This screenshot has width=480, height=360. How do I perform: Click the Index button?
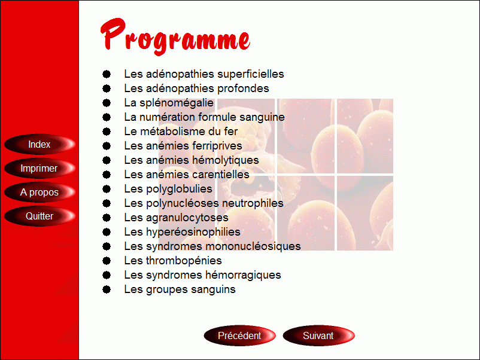point(40,144)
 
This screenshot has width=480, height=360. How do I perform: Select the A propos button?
point(40,192)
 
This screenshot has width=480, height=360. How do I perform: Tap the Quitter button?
point(40,216)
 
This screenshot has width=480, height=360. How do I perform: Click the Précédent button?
point(239,335)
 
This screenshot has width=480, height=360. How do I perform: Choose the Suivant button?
point(318,335)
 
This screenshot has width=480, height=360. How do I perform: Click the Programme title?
point(175,37)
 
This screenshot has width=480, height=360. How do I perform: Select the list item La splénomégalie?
point(169,103)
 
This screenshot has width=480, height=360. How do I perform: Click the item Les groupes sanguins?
point(180,289)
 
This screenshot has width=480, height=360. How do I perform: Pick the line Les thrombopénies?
point(172,261)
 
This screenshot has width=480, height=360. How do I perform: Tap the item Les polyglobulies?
point(168,189)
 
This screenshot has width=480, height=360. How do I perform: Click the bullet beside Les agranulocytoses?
point(107,218)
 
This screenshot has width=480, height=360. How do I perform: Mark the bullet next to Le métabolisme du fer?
point(107,132)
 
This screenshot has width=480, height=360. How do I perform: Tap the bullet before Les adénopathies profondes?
point(107,89)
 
